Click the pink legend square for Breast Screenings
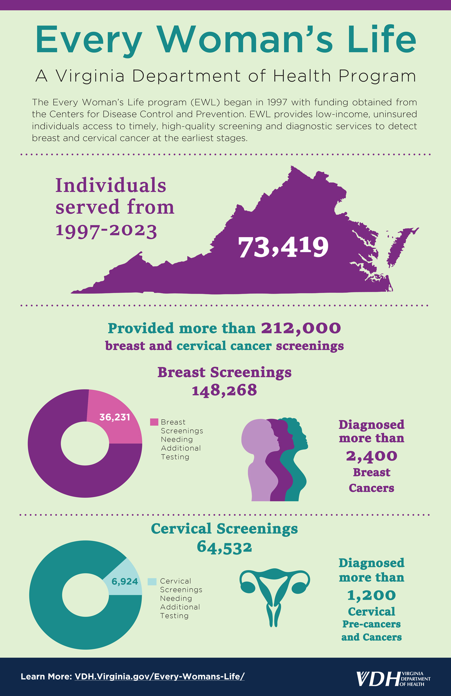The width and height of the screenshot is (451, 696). (154, 422)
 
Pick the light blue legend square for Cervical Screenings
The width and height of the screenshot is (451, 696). (152, 582)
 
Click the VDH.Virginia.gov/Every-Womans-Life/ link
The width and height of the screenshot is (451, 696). (159, 676)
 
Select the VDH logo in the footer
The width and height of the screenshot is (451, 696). (393, 678)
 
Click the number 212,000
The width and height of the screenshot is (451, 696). (301, 328)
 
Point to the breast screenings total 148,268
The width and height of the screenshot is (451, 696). (224, 390)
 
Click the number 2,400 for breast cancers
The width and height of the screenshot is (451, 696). (371, 456)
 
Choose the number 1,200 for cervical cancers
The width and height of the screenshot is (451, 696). (371, 595)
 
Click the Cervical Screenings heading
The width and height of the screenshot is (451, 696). (224, 529)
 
